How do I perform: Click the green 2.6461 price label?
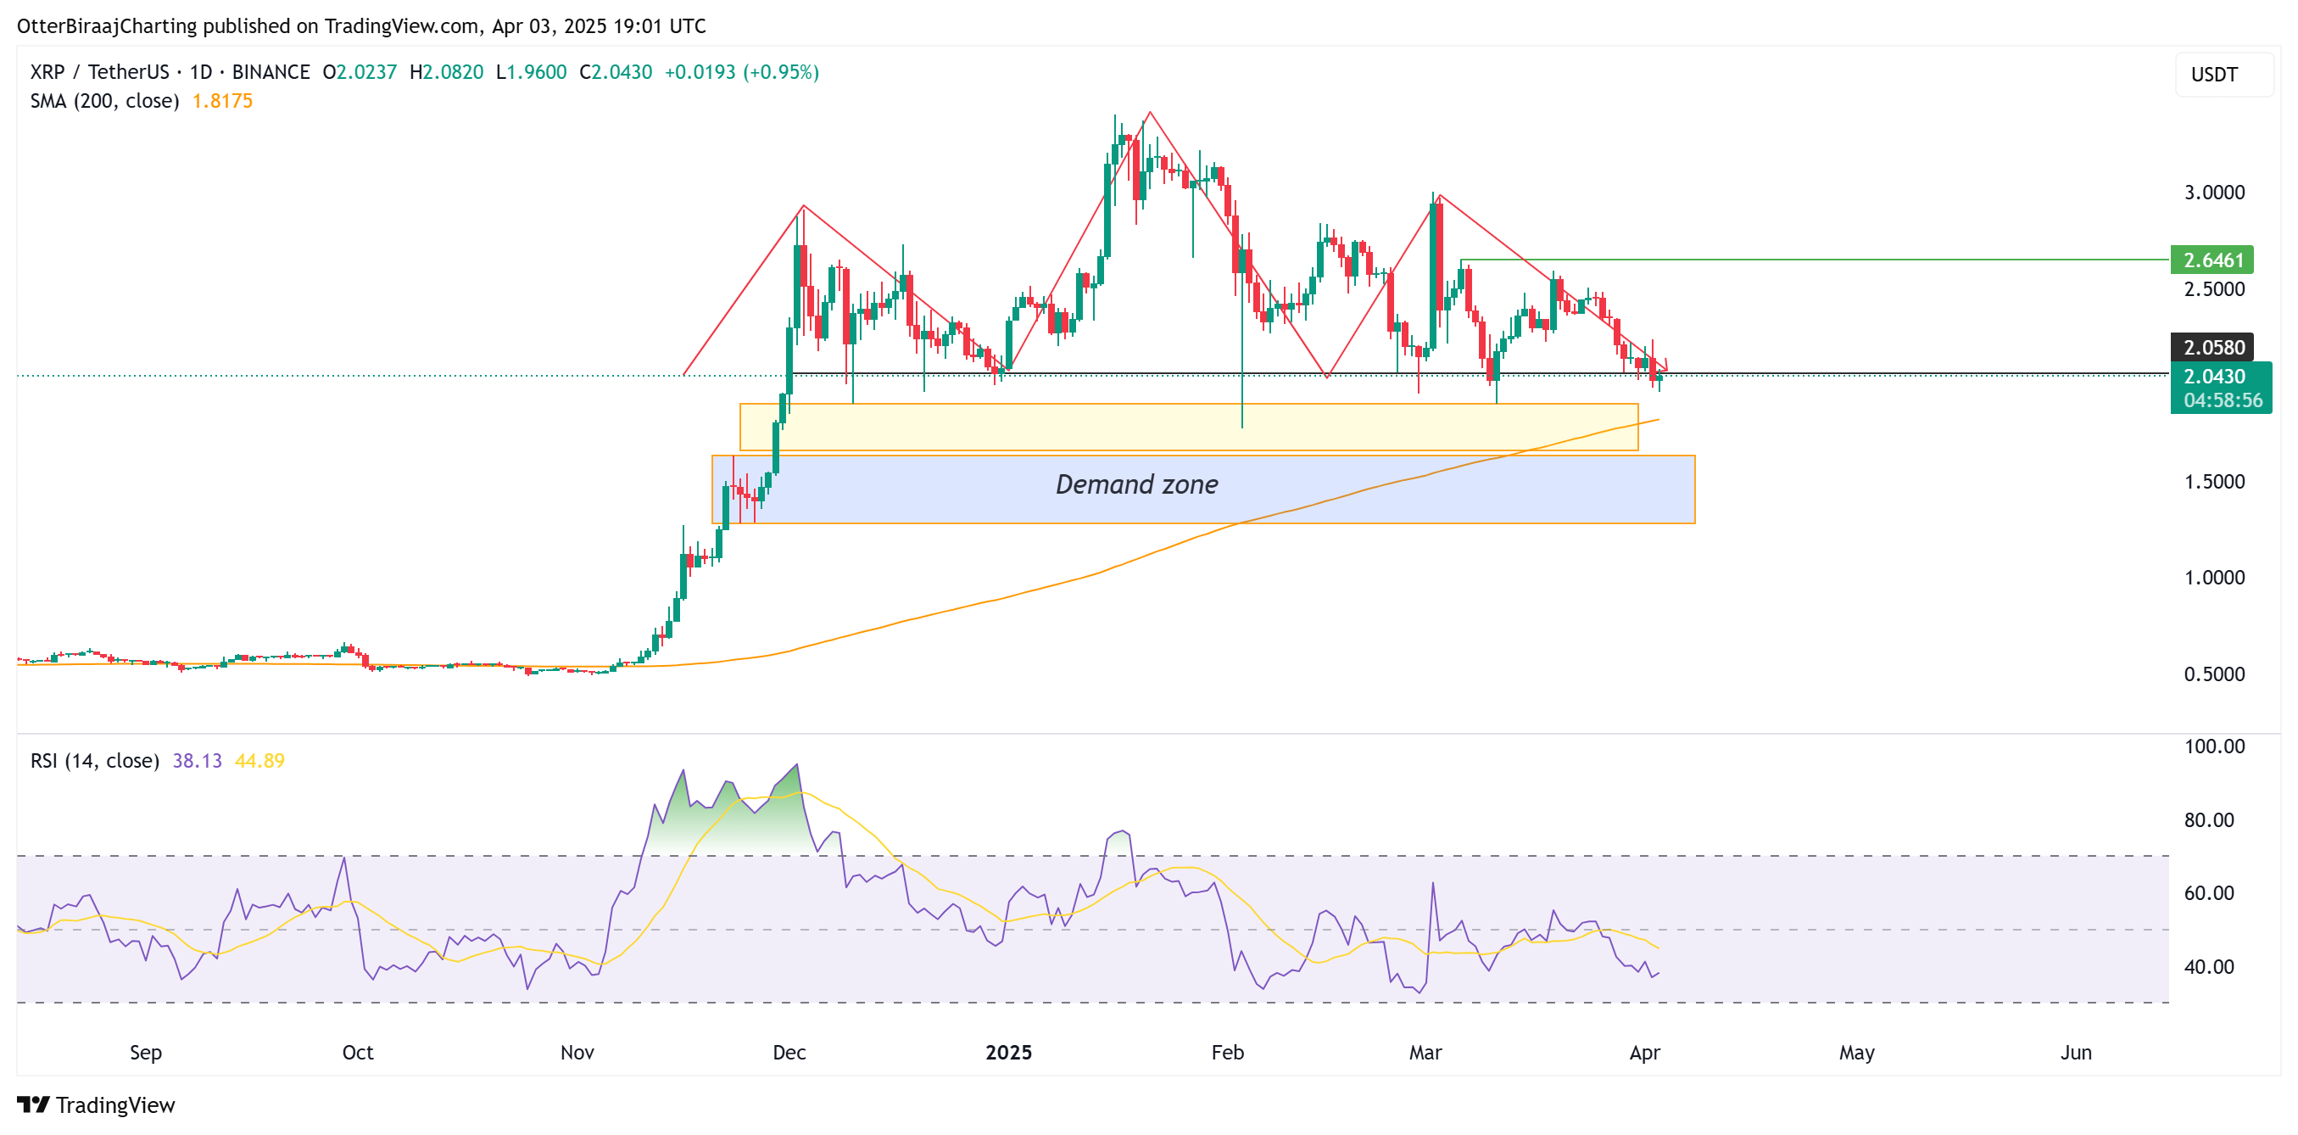[x=2212, y=260]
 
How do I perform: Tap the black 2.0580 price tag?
[x=2212, y=347]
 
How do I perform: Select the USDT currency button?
[x=2214, y=74]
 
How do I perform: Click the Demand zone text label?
[x=1136, y=484]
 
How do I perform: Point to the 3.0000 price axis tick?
[x=2214, y=192]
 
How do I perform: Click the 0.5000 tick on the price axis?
[x=2214, y=674]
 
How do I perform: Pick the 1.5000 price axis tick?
[x=2214, y=482]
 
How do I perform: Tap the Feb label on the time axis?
[x=1228, y=1052]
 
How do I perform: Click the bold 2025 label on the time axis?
[x=1008, y=1052]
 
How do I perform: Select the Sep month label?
[x=145, y=1052]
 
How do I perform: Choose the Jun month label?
[x=2076, y=1052]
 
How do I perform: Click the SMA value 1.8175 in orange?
[x=222, y=101]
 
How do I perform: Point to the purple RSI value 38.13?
[x=197, y=760]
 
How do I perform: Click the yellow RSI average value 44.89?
[x=259, y=760]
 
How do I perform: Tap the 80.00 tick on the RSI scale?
[x=2209, y=820]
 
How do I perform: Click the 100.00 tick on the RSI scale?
[x=2214, y=746]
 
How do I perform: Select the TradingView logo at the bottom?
[x=97, y=1104]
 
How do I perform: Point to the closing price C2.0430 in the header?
[x=616, y=72]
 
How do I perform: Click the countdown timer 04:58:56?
[x=2223, y=400]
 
